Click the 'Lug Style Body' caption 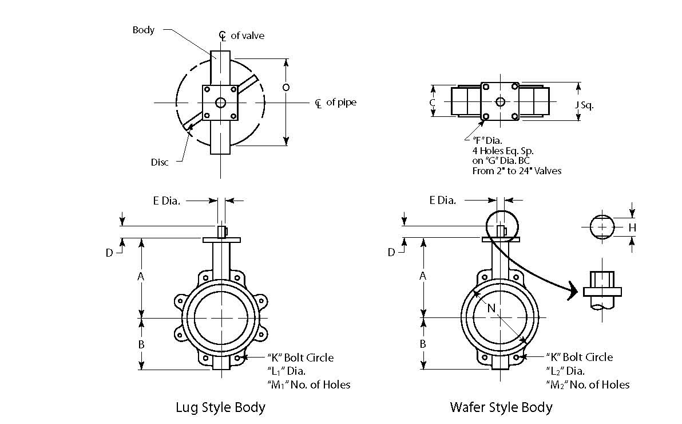coord(220,408)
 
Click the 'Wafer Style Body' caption coord(501,408)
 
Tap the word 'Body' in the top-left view coord(143,30)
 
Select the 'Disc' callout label coord(160,162)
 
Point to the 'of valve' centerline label coord(248,36)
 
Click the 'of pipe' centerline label coord(341,103)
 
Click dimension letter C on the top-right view coord(433,102)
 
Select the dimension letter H coord(632,227)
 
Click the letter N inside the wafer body coord(490,308)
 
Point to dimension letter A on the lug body coord(140,277)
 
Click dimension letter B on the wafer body coord(423,344)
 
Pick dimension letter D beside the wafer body coord(391,252)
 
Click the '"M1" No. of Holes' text coord(308,384)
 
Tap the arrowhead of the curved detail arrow coord(572,293)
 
